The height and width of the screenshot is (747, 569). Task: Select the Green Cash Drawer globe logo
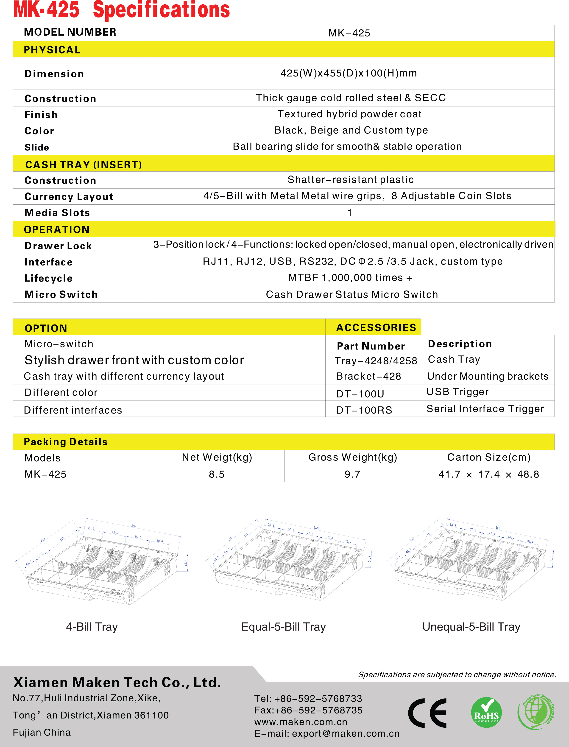536,712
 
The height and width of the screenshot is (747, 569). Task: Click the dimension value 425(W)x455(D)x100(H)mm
349,73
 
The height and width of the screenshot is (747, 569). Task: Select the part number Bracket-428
368,376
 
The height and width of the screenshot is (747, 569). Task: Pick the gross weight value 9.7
352,474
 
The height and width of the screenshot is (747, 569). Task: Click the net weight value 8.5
216,474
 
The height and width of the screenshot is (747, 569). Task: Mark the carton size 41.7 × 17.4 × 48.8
488,474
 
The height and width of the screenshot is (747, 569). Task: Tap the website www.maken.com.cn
301,722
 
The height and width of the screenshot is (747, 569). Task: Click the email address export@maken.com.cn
346,733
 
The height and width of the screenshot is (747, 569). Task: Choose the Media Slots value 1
349,213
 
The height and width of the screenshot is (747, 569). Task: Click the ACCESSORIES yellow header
376,327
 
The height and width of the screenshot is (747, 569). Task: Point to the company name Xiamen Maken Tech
117,682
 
